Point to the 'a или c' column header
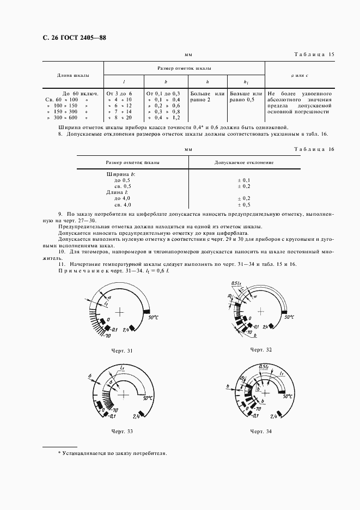pyautogui.click(x=300, y=75)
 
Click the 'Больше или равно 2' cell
pyautogui.click(x=207, y=96)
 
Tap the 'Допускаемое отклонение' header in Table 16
pyautogui.click(x=244, y=162)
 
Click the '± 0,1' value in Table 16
pyautogui.click(x=244, y=180)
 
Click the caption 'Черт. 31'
pyautogui.click(x=122, y=351)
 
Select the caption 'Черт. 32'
pyautogui.click(x=261, y=349)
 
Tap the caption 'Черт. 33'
pyautogui.click(x=122, y=431)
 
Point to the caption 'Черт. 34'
pyautogui.click(x=261, y=431)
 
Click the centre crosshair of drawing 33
pyautogui.click(x=125, y=393)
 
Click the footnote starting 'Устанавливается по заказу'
pyautogui.click(x=113, y=453)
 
